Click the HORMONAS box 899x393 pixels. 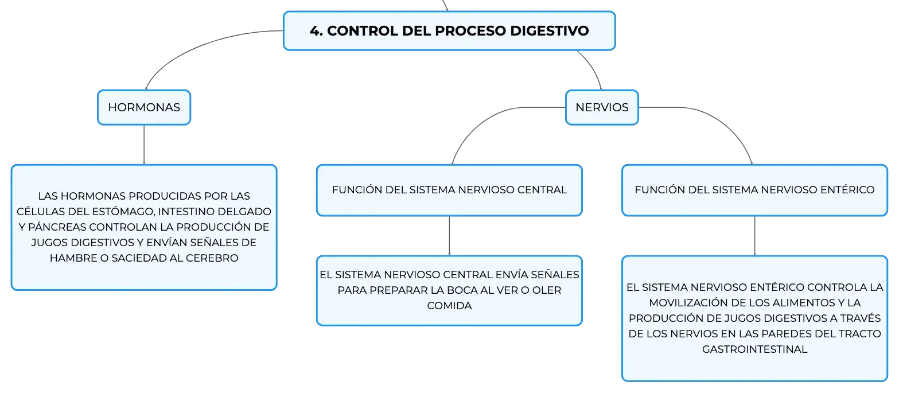coord(143,107)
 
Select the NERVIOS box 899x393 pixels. coord(602,107)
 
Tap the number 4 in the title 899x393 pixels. coord(315,30)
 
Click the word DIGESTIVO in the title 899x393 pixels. coord(550,30)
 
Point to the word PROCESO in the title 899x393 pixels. coord(470,30)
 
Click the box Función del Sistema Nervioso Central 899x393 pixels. coord(449,190)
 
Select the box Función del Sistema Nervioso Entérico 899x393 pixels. coord(754,190)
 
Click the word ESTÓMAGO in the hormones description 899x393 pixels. coord(124,211)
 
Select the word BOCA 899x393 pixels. coord(465,290)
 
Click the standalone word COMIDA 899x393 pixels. coord(449,305)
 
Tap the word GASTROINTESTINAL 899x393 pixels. coord(754,349)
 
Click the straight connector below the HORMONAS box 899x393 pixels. coord(143,145)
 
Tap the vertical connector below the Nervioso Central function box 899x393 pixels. coord(449,236)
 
